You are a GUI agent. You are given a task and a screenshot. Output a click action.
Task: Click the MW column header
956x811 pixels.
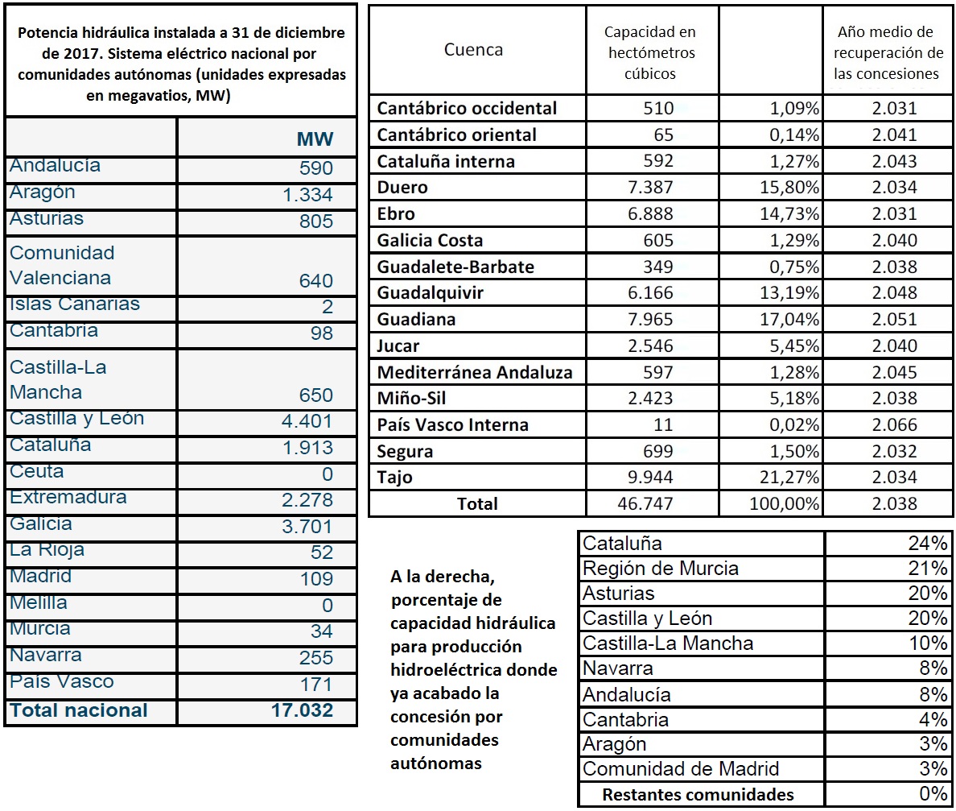point(315,139)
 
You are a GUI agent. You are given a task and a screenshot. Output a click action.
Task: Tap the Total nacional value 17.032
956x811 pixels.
point(302,710)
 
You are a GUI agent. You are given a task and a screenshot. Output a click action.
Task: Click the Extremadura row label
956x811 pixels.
point(68,498)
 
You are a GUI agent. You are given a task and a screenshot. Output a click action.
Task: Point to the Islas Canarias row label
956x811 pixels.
point(75,304)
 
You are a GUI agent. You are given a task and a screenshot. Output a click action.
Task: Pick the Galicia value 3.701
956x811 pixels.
point(307,527)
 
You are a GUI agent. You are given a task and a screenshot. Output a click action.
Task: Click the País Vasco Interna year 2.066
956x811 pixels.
point(893,425)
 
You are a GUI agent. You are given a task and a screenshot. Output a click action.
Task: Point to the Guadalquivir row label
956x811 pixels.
point(430,293)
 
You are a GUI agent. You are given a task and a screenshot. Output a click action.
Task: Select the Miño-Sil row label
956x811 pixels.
point(413,399)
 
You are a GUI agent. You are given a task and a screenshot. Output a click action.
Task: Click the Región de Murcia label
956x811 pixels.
point(660,569)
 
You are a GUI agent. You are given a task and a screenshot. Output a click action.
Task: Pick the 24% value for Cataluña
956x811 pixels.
point(929,543)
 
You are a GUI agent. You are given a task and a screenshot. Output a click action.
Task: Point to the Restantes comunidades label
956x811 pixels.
point(698,795)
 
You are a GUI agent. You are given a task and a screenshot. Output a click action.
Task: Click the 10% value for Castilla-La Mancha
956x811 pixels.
point(929,643)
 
